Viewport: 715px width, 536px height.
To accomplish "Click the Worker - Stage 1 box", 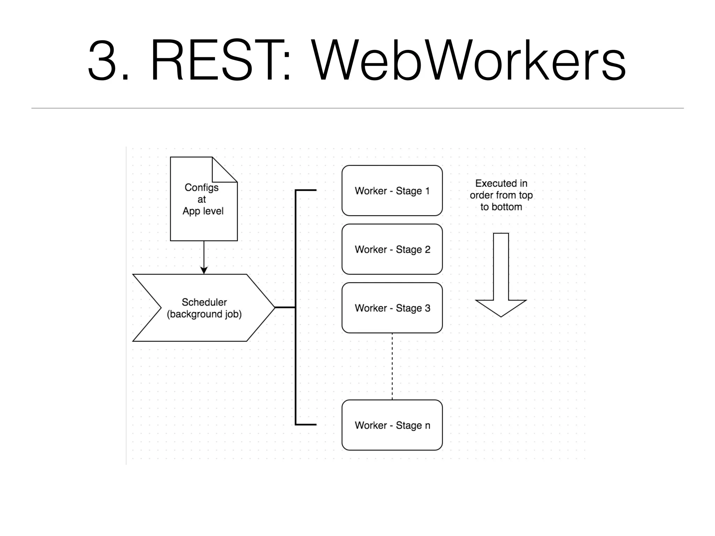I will click(392, 191).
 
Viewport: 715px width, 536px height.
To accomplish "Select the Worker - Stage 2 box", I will click(392, 249).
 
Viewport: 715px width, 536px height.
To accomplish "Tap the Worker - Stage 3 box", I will click(392, 308).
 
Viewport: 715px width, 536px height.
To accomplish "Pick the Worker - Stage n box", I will click(392, 425).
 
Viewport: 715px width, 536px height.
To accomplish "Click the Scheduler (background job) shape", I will click(204, 308).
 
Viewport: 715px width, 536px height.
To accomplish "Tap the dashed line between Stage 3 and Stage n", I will click(392, 366).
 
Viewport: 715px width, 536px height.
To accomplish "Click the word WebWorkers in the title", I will click(468, 61).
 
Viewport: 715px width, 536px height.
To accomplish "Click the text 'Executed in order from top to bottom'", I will click(501, 195).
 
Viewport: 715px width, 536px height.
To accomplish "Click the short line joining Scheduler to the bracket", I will click(285, 307).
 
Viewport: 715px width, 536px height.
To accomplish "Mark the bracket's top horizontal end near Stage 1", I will click(306, 190).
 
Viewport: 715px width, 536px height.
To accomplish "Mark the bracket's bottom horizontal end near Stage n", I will click(306, 425).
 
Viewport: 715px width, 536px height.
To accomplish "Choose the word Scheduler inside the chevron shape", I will click(204, 302).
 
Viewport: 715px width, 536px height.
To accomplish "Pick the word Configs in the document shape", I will click(201, 188).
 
